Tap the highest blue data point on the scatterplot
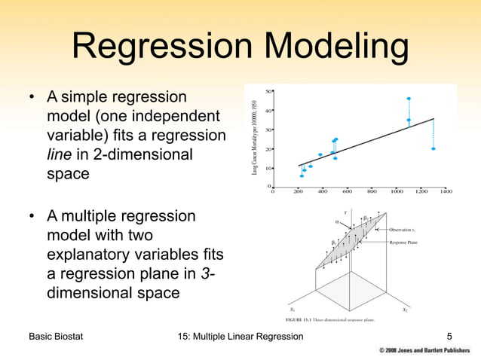409,99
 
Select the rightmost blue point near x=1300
434,148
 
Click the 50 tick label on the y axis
268,92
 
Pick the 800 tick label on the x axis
372,192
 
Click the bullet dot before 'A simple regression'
32,98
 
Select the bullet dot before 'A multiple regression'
32,218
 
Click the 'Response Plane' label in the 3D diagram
409,243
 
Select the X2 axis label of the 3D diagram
405,309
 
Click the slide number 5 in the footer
450,336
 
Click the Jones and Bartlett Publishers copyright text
426,352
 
